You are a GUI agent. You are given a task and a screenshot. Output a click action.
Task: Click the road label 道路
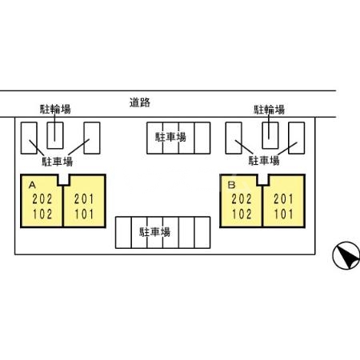[140, 102]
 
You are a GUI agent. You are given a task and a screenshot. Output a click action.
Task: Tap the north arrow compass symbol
[346, 255]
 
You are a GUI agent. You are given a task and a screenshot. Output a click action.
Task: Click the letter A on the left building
[32, 185]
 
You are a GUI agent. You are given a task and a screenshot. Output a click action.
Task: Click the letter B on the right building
[232, 185]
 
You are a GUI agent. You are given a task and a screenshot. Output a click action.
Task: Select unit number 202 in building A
[42, 199]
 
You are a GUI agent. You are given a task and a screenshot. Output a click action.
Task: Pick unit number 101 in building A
[84, 214]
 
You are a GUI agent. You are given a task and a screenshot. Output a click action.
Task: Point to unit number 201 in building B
[283, 199]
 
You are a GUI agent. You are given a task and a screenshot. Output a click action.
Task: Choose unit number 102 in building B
[242, 214]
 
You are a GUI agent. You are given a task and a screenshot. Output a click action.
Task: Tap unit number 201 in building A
[84, 199]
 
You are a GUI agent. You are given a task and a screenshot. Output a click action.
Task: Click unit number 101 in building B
[283, 214]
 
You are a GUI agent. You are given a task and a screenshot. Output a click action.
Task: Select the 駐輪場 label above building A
[55, 109]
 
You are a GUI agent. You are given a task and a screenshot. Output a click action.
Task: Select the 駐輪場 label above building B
[270, 110]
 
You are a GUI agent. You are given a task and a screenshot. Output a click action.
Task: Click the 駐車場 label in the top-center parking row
[170, 137]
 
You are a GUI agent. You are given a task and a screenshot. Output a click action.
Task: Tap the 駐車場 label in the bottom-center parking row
[154, 232]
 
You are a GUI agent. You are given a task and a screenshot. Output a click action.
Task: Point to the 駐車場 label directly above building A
[58, 162]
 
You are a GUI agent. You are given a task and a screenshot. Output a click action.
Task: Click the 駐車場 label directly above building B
[264, 161]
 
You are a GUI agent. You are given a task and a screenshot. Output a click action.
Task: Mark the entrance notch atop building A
[63, 180]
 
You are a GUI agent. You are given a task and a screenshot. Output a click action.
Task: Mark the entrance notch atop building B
[263, 180]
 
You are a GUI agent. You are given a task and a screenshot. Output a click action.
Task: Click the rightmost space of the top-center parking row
[202, 138]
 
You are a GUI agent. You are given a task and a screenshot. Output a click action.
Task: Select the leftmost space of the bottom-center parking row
[123, 233]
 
